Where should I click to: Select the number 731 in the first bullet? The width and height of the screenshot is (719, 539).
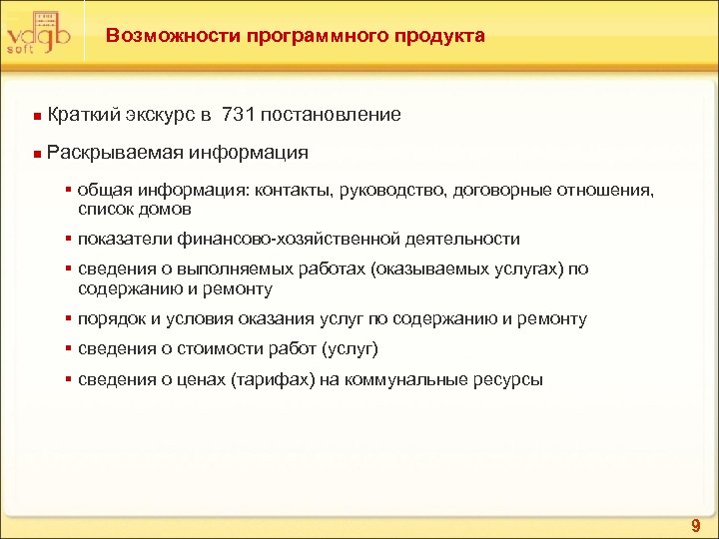click(235, 115)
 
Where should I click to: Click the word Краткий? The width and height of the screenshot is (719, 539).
click(83, 115)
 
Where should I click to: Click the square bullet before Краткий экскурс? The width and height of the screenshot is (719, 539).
click(37, 117)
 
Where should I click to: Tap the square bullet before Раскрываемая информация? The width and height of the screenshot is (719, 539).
click(37, 155)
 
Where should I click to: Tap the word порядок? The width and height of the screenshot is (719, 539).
click(108, 319)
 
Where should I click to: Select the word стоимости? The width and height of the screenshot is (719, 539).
click(213, 349)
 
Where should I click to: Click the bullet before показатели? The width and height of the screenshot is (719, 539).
click(68, 240)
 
